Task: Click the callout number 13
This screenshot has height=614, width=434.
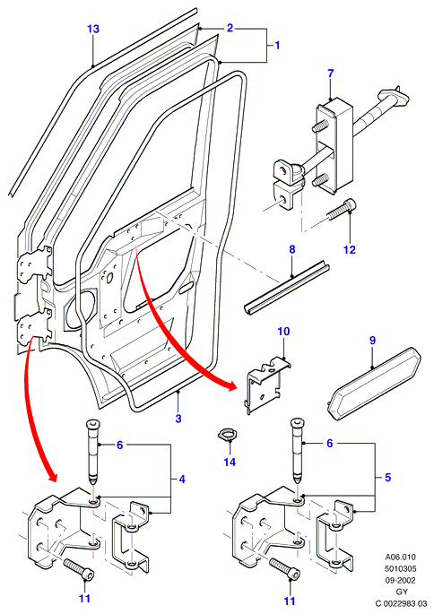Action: coord(93,29)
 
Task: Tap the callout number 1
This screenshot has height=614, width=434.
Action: coord(277,46)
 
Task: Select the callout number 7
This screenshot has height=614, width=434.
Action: coord(331,74)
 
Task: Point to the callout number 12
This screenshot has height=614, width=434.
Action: coord(350,249)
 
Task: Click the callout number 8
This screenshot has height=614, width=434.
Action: coord(292,249)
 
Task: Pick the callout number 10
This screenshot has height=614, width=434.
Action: coord(283,332)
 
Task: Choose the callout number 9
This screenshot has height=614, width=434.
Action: coord(372,341)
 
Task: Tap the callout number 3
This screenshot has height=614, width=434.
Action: coord(178,419)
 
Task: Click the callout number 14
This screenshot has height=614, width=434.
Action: coord(230,462)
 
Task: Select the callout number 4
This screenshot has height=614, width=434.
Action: coord(182,480)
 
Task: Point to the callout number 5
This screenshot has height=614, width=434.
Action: coord(387,478)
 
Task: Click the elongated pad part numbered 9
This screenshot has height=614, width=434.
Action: coord(374,384)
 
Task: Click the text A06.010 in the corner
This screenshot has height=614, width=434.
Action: coord(400,557)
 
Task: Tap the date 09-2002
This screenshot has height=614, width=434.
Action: coord(400,580)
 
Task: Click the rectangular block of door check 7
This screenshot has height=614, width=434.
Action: coord(332,145)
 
